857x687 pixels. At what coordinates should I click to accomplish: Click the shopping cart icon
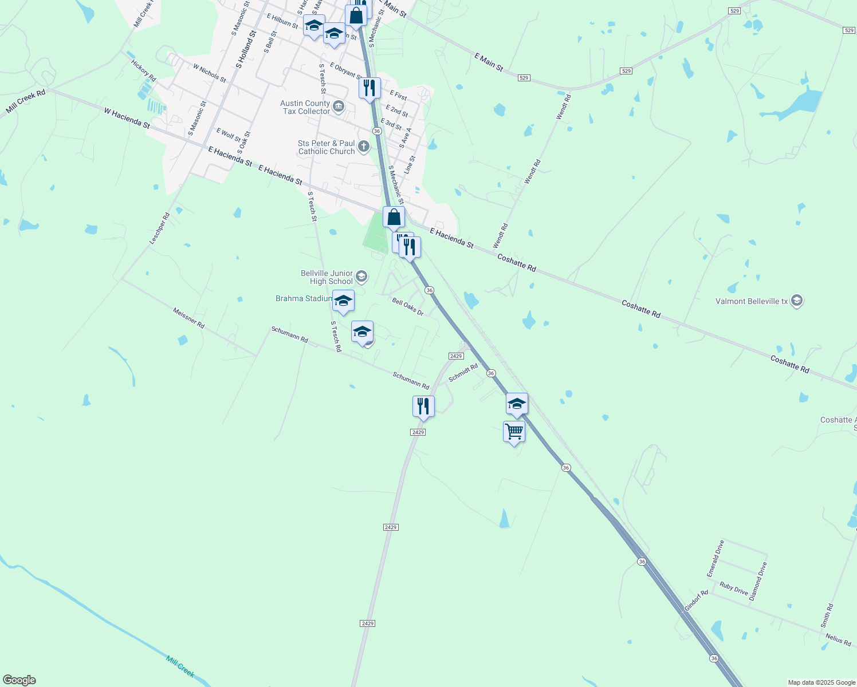pos(514,431)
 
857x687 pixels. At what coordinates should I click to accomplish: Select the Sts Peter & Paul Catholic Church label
pos(327,147)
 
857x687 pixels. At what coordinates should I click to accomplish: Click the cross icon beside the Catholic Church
pos(363,147)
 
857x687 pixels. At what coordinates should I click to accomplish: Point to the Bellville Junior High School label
pos(327,277)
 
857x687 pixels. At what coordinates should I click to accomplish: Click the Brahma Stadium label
pos(304,298)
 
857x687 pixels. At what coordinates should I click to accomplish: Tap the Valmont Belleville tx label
pos(752,301)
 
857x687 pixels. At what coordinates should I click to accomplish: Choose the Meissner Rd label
pos(188,318)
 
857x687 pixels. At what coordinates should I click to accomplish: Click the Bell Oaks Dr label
pos(407,307)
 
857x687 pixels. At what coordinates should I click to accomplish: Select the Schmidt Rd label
pos(463,373)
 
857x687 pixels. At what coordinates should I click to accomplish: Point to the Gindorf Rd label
pos(696,601)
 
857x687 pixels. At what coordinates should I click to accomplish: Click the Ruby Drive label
pos(734,589)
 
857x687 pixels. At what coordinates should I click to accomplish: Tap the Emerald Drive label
pos(716,558)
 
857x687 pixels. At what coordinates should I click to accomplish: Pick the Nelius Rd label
pos(838,639)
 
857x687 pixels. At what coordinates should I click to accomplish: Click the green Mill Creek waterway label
pos(180,666)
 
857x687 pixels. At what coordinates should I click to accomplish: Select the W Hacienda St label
pos(127,117)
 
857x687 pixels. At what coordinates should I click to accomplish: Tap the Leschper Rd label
pos(160,229)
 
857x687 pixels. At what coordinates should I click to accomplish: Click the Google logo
pos(19,680)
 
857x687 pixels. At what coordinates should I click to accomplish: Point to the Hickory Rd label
pos(143,70)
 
